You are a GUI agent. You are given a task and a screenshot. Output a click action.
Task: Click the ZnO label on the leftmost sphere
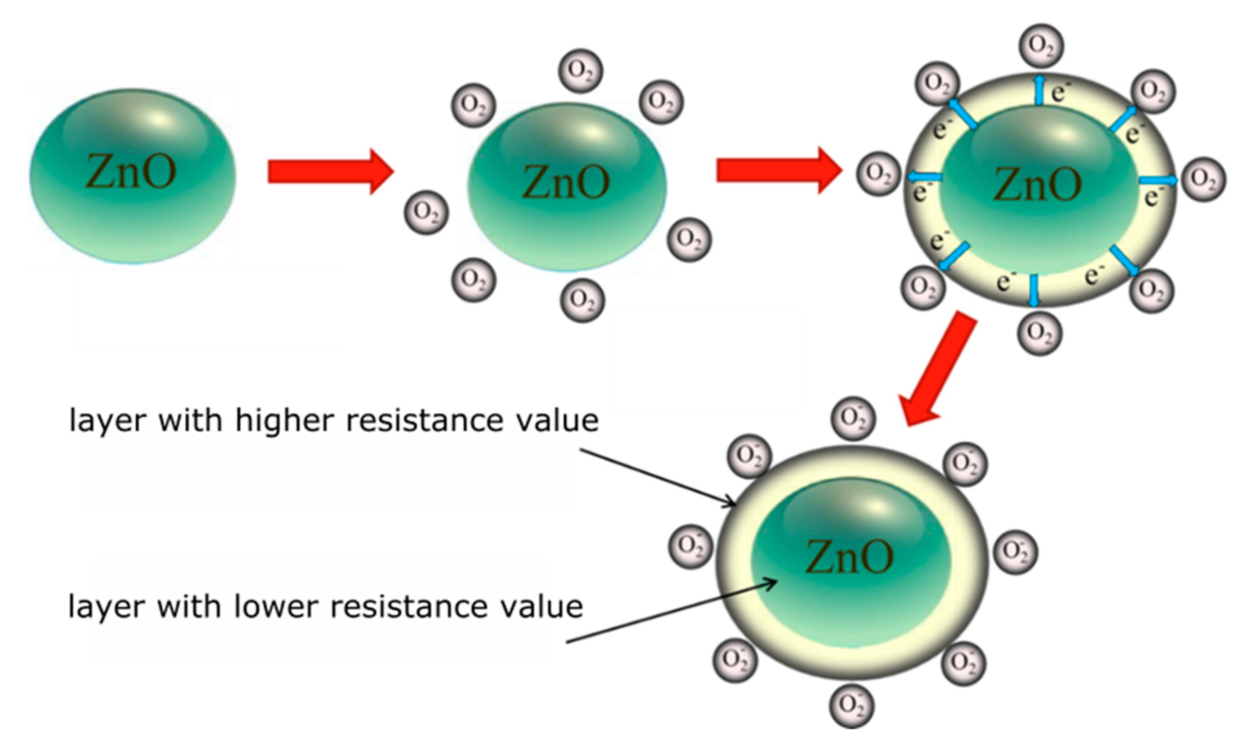coord(131,172)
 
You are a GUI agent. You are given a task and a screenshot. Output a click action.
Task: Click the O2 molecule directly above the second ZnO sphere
coord(581,71)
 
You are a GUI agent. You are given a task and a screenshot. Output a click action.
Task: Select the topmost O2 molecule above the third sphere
coord(1041,46)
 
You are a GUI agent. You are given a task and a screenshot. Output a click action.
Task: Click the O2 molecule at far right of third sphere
coord(1204,179)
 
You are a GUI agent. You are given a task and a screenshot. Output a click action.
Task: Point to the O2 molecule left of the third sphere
coord(878,174)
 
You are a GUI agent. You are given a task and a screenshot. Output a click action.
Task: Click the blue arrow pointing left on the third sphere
coord(925,177)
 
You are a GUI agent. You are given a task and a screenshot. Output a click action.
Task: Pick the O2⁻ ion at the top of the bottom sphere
coord(853,418)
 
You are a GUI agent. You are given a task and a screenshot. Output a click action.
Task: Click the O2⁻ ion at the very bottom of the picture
coord(852,706)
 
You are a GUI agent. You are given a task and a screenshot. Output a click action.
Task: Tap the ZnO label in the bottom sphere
coord(849,556)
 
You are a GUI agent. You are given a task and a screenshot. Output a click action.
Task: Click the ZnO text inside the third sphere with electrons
coord(1037,184)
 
